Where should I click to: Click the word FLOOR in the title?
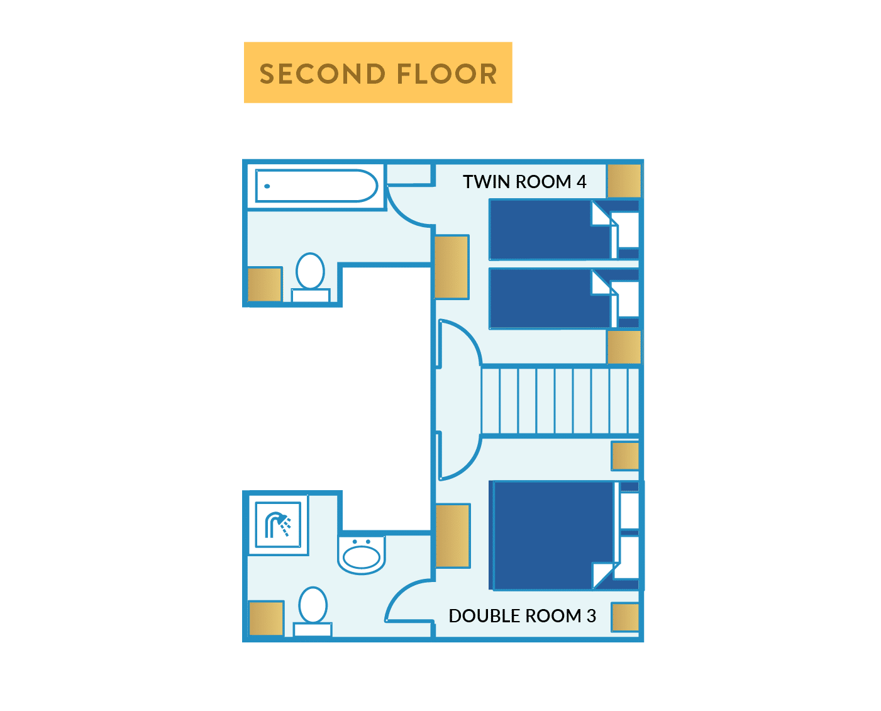pos(446,74)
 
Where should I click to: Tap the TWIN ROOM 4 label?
pos(524,182)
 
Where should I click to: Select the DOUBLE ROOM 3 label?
pos(522,616)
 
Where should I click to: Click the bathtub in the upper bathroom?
pos(316,186)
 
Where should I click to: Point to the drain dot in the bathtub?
pos(267,186)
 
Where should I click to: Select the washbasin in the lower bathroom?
pos(362,555)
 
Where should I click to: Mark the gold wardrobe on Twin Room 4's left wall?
pos(452,267)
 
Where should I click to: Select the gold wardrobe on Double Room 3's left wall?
pos(453,535)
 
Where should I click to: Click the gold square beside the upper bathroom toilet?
pos(264,284)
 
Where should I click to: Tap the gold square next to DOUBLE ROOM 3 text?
pos(625,617)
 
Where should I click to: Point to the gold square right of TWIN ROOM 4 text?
pos(624,181)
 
